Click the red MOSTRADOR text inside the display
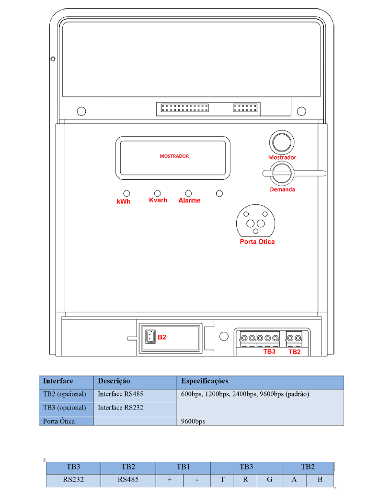(174, 156)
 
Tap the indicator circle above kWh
(127, 193)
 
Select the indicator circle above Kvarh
(157, 193)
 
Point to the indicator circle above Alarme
(188, 193)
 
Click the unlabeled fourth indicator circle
(219, 193)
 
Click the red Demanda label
(282, 189)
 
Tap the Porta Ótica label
(257, 242)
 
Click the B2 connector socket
(150, 337)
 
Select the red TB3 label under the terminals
(269, 352)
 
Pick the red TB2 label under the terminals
(295, 352)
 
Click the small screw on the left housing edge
(53, 59)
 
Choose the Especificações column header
(205, 381)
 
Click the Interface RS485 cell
(120, 394)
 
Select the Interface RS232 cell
(120, 408)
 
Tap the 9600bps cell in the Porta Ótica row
(193, 421)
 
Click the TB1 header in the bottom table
(183, 467)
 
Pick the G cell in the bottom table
(270, 480)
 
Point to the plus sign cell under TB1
(170, 480)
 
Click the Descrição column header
(114, 381)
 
